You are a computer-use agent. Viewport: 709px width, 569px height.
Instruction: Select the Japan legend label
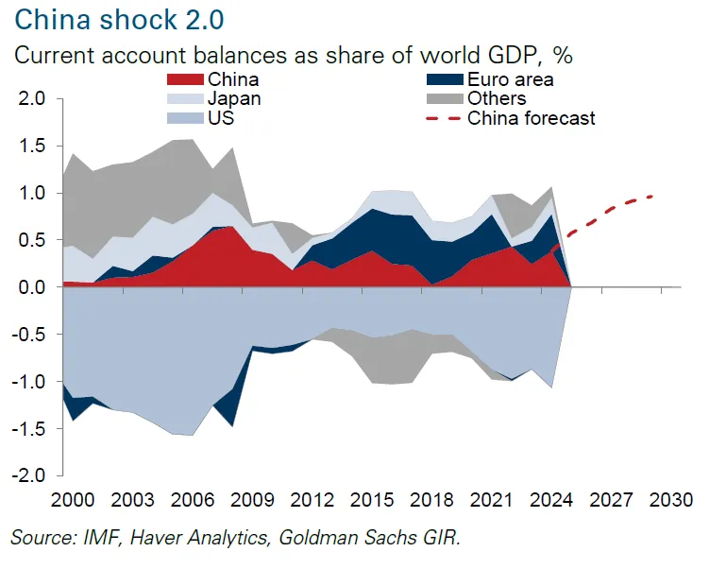[x=236, y=98]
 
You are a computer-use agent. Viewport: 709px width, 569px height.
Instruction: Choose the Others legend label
[x=497, y=98]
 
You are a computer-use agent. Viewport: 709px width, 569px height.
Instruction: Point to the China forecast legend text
[x=532, y=118]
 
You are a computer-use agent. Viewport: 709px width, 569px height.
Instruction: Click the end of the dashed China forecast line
[x=652, y=196]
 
